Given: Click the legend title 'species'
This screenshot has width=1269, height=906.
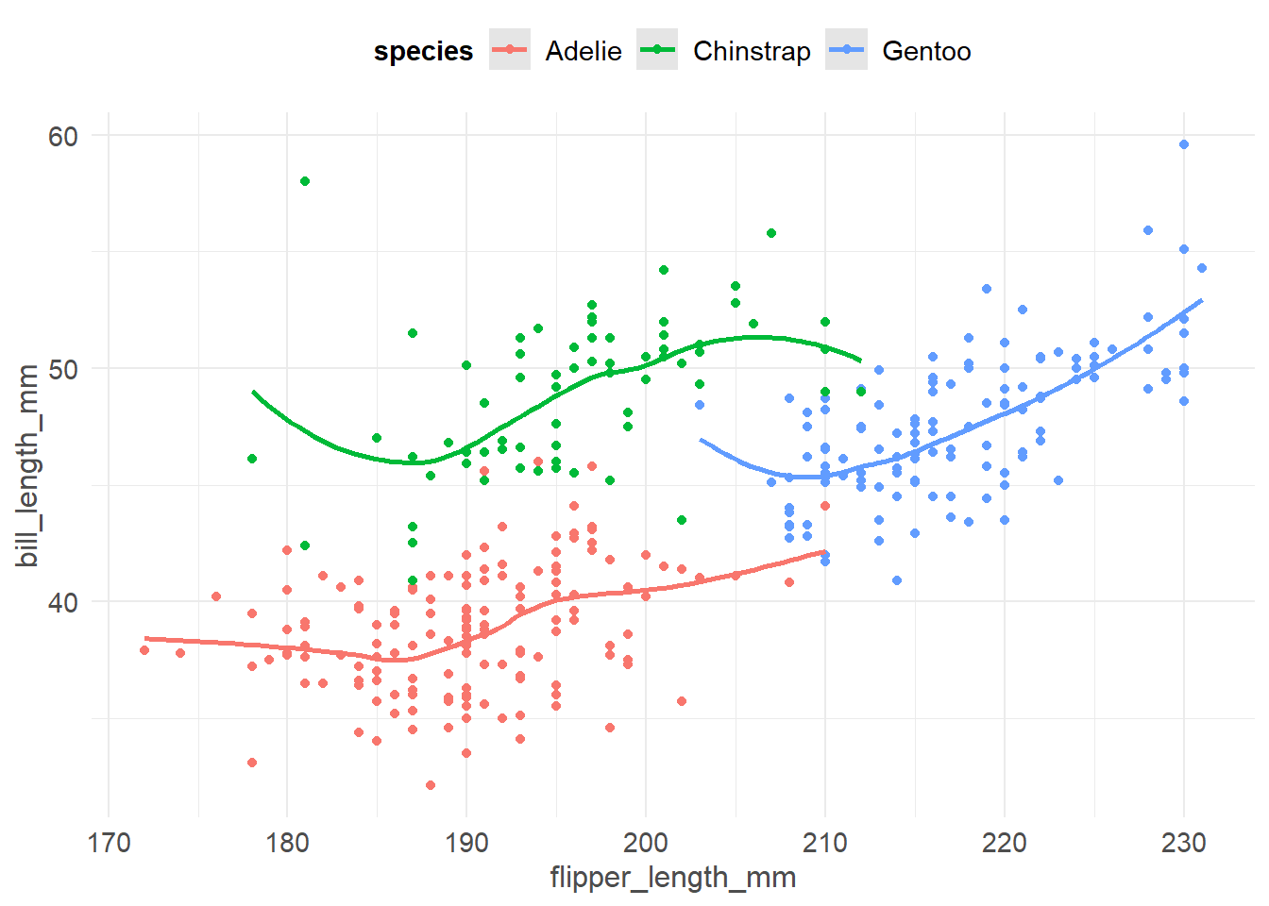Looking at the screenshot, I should (423, 51).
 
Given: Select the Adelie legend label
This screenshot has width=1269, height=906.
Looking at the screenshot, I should (583, 51).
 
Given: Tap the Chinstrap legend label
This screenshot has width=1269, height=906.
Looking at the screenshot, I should (752, 51).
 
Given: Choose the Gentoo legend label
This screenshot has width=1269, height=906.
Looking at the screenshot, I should (925, 51).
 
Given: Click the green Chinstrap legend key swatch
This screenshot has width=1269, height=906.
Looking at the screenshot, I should (657, 50).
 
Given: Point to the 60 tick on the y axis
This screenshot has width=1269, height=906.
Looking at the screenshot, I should (63, 136).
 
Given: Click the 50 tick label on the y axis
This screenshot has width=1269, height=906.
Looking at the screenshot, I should (63, 369).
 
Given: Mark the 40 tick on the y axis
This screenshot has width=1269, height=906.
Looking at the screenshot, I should (63, 602).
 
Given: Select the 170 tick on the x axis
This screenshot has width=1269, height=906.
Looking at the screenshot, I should (109, 842).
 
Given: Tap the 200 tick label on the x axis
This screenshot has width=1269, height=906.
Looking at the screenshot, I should (646, 842).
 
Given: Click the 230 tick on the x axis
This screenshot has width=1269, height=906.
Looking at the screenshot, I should (1183, 842).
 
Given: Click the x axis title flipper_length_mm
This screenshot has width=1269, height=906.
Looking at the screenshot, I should (672, 878).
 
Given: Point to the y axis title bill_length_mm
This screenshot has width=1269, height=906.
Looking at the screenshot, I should (28, 465).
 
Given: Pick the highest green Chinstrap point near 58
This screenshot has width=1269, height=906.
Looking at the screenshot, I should (305, 181).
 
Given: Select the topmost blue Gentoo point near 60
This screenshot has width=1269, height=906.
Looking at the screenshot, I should (1184, 144).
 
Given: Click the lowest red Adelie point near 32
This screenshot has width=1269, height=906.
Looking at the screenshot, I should (431, 785).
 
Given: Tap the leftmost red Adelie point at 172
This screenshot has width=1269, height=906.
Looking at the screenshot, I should (144, 650).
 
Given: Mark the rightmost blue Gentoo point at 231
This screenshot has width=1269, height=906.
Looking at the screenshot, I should (1202, 268).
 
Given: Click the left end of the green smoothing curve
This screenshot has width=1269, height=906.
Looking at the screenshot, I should (253, 391).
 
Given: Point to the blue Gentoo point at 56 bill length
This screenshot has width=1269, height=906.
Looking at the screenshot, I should (1148, 230).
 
